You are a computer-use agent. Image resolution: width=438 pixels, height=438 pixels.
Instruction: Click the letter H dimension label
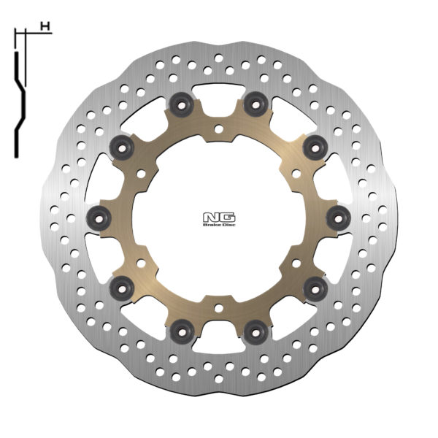(45, 27)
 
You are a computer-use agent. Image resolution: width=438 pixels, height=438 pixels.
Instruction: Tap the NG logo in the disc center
(219, 216)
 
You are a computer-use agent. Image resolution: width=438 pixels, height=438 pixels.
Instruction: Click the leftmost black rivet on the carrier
(99, 217)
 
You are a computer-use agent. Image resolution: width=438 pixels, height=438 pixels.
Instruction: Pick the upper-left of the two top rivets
(180, 104)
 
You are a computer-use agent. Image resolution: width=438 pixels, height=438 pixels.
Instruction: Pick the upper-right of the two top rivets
(254, 104)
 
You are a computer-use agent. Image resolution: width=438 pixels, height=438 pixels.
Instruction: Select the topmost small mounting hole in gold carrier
(218, 129)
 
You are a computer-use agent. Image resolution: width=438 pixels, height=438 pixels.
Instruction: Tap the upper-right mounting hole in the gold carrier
(296, 174)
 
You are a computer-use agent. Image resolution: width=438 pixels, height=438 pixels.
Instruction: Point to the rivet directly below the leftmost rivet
(121, 286)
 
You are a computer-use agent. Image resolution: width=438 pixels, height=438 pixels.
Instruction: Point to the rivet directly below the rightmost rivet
(315, 286)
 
